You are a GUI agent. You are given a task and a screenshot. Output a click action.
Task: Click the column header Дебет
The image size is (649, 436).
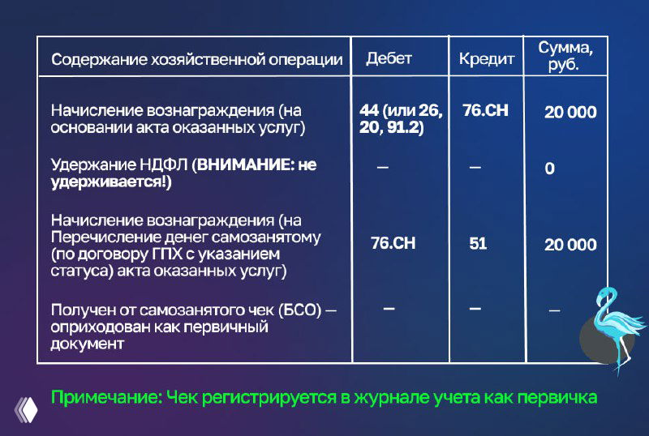(x=389, y=58)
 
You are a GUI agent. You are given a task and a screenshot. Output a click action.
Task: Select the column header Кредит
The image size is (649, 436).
(x=486, y=59)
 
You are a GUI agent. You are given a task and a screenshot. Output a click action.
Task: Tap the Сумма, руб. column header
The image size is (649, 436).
(x=565, y=56)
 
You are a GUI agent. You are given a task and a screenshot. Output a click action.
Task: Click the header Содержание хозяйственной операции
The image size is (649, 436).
(x=197, y=60)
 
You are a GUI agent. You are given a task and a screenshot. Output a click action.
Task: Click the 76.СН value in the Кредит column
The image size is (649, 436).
(x=485, y=110)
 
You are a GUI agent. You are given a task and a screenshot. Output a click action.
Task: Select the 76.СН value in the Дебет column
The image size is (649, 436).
(x=393, y=243)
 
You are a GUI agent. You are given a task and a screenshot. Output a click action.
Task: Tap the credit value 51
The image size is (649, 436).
(x=478, y=243)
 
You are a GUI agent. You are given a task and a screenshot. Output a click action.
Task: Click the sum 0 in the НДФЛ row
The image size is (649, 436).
(x=549, y=169)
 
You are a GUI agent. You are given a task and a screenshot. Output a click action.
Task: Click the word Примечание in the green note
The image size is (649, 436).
(x=103, y=398)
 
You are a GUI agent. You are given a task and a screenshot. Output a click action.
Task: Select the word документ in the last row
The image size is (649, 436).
(x=88, y=344)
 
